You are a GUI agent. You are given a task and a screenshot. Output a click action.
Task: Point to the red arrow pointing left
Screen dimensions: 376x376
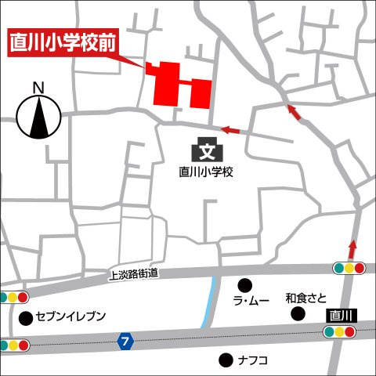230,129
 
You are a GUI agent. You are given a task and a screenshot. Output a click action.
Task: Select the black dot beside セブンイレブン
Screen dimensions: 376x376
27,317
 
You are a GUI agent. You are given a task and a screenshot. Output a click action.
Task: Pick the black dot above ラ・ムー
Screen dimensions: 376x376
245,284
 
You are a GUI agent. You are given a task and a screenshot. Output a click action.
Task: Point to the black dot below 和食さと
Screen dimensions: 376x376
298,313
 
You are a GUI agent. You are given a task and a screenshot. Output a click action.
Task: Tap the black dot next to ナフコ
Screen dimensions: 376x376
226,360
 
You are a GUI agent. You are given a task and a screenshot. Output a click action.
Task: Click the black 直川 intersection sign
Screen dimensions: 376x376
342,315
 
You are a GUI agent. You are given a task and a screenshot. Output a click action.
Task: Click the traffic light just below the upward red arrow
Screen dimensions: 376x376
350,268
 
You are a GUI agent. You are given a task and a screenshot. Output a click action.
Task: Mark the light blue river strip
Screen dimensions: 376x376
208,302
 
